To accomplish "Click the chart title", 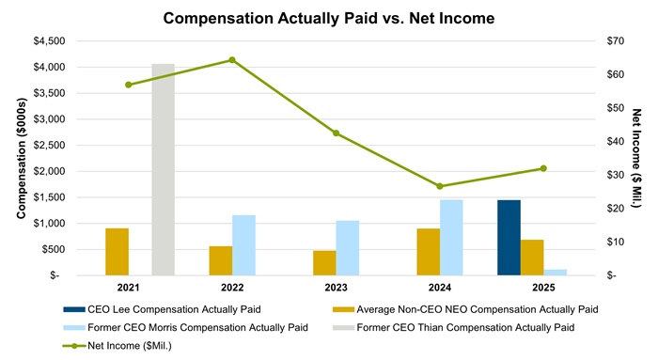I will (x=328, y=18).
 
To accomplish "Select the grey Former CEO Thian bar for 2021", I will (x=163, y=169).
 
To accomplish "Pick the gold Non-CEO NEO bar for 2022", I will (x=220, y=260).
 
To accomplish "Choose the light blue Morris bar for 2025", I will (x=556, y=273).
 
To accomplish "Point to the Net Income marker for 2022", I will (x=232, y=60).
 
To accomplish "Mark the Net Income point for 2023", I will (x=336, y=133).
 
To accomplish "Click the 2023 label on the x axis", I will (x=336, y=287).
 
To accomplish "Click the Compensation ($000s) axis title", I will (x=20, y=157).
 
